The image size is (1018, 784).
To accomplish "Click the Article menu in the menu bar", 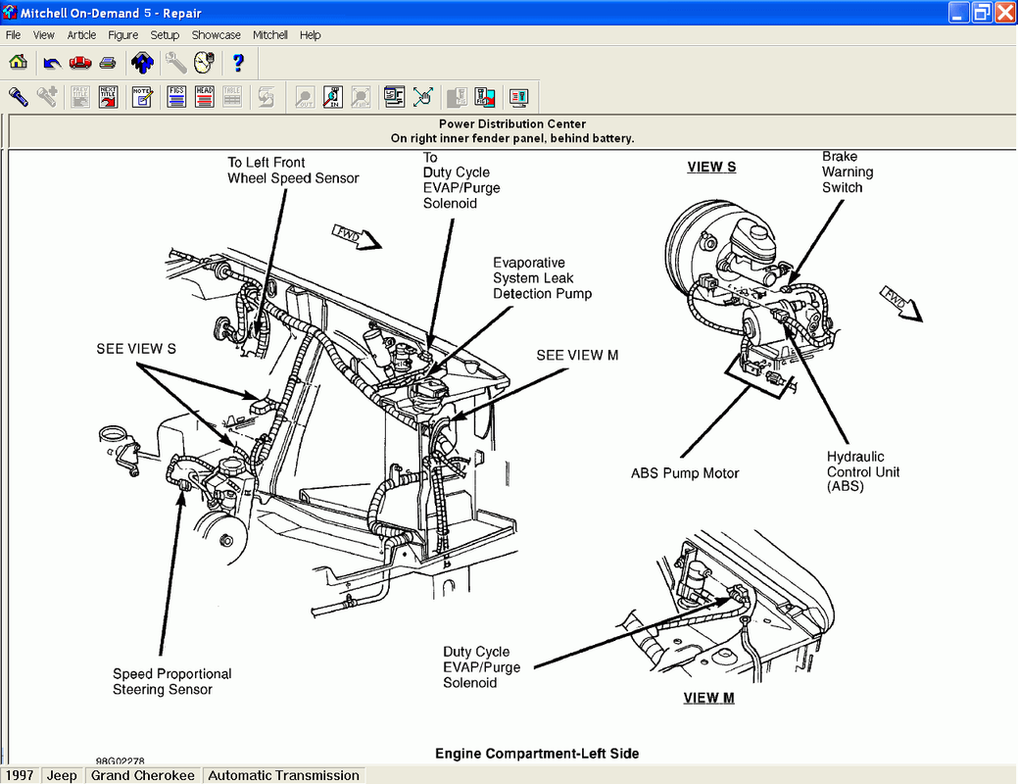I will [x=81, y=35].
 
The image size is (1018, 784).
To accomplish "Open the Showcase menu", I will [x=216, y=35].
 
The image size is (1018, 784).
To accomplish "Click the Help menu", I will [x=310, y=35].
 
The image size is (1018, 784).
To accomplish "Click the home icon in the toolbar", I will [x=18, y=63].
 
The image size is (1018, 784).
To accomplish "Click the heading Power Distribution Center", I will [x=512, y=124].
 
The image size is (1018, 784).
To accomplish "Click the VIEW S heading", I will [x=711, y=168].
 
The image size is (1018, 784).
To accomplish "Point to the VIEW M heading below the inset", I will [x=708, y=699].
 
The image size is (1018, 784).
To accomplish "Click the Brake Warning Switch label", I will [x=848, y=172].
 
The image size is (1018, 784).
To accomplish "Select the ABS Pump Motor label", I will [x=685, y=474].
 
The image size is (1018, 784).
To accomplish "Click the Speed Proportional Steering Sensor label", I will [x=171, y=682].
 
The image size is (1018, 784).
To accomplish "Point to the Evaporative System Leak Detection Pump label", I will [x=542, y=278].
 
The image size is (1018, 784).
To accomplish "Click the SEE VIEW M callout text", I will [x=577, y=356].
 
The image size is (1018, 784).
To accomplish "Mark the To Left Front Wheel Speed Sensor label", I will [x=293, y=171].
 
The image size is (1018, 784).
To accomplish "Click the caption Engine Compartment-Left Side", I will [x=537, y=754].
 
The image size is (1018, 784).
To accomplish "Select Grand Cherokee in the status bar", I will [x=143, y=775].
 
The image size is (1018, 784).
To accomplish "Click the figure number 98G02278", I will [x=120, y=760].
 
